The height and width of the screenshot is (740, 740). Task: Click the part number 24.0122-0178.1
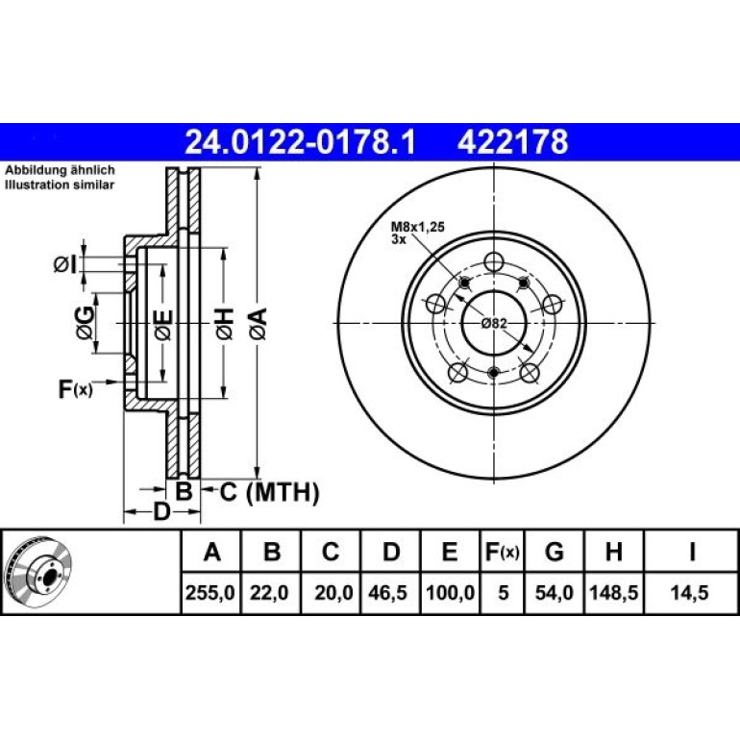300,142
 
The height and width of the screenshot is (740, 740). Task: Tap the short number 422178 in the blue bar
512,142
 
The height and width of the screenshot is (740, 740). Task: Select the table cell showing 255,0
210,593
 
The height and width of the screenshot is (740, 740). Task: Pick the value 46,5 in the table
387,593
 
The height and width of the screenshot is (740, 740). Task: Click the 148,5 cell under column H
613,593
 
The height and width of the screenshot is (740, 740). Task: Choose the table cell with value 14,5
689,593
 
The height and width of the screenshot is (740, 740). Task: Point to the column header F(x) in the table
502,552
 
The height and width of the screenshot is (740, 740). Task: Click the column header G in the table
555,552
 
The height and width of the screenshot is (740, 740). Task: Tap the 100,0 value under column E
450,593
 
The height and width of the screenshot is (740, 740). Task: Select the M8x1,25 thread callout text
418,227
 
